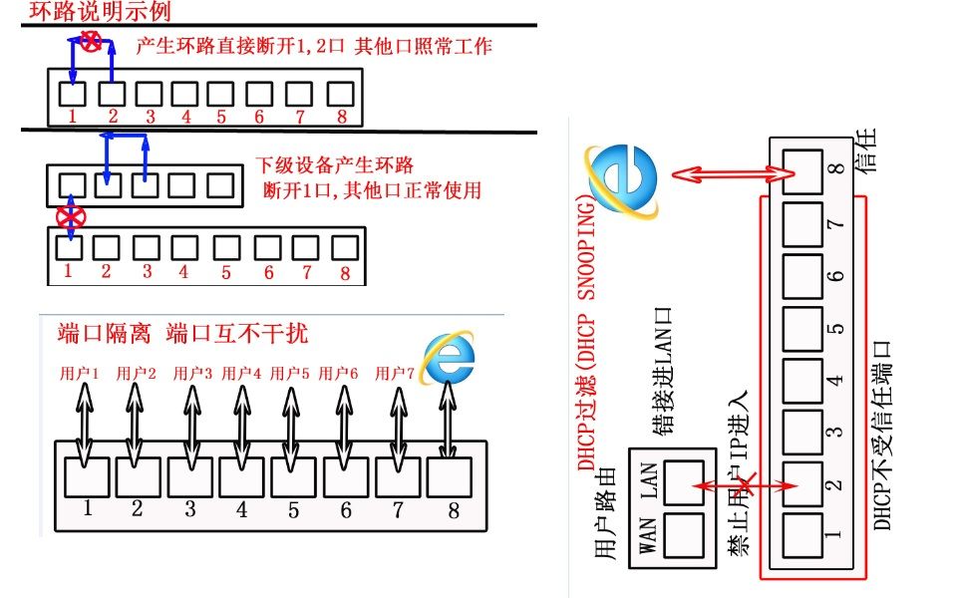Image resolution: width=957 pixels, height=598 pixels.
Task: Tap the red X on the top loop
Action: tap(91, 41)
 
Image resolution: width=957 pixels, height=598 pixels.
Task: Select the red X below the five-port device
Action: tap(68, 216)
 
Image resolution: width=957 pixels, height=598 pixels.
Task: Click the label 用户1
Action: tap(81, 374)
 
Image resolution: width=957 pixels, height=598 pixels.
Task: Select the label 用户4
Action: tap(241, 374)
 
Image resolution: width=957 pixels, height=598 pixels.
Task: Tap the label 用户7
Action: tap(395, 374)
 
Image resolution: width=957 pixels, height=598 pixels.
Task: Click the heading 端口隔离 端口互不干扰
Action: tap(183, 332)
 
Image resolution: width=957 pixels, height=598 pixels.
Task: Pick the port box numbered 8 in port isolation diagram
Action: tap(450, 475)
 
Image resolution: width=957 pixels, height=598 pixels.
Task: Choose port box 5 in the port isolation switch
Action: tap(293, 475)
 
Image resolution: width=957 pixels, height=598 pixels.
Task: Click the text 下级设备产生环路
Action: tap(334, 164)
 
